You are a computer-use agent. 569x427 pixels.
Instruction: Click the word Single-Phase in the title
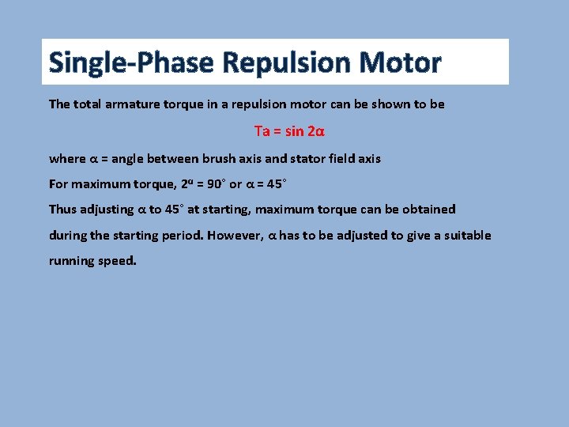[130, 62]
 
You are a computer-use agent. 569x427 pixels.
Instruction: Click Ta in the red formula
[262, 130]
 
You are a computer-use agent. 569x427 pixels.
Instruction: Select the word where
[67, 158]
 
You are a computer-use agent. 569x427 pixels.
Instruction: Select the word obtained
[427, 210]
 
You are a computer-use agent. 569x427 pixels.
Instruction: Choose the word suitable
[465, 236]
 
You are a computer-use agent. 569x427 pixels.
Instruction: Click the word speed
[118, 261]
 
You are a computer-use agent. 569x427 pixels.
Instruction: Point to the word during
[67, 236]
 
